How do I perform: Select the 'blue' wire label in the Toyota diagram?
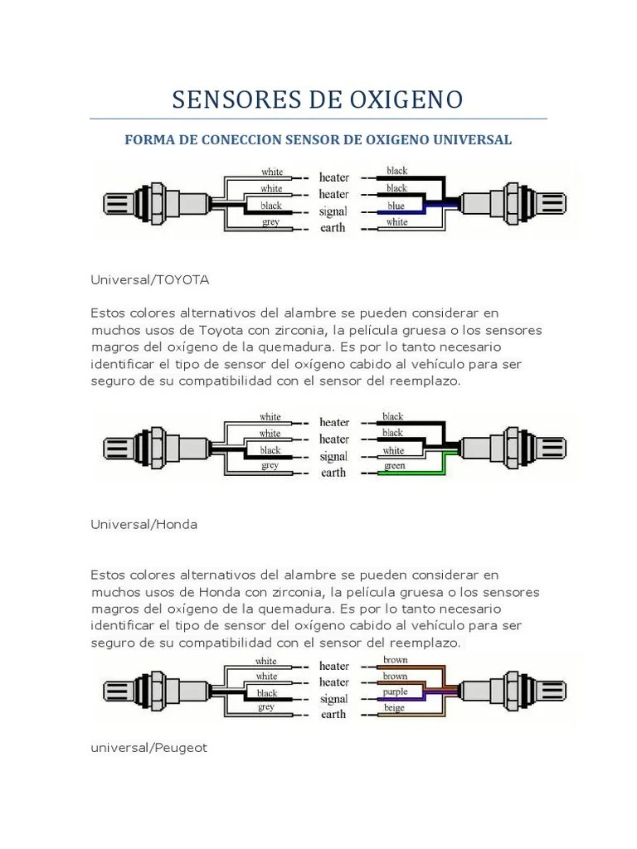[396, 206]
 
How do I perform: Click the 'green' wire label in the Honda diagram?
[394, 467]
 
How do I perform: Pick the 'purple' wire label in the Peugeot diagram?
[396, 691]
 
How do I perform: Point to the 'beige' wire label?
[396, 708]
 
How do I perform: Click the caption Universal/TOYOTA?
[150, 279]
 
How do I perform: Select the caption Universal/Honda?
[144, 525]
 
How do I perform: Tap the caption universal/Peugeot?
[149, 748]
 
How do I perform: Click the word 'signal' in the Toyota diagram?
[333, 211]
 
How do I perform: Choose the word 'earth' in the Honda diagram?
[333, 473]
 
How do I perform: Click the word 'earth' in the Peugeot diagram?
[333, 714]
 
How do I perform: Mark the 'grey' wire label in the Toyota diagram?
[270, 222]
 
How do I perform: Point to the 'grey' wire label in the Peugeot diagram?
[266, 707]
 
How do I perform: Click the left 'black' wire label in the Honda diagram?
[270, 450]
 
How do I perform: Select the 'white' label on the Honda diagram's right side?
[394, 450]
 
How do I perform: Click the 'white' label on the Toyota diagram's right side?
[396, 222]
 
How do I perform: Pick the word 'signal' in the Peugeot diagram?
[333, 698]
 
